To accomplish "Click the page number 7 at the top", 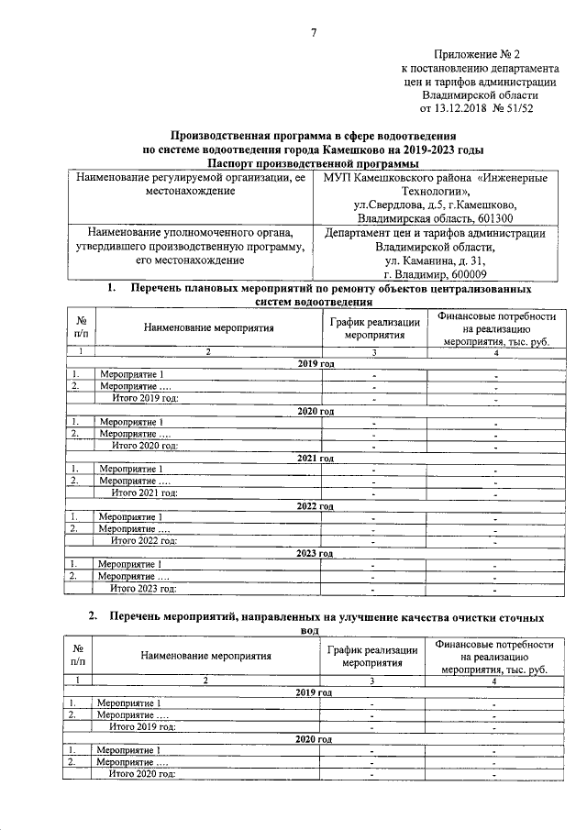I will pyautogui.click(x=313, y=34).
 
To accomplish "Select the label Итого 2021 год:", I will pyautogui.click(x=144, y=493).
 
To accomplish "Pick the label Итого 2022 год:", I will pyautogui.click(x=144, y=541).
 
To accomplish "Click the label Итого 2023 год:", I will pyautogui.click(x=144, y=589).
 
